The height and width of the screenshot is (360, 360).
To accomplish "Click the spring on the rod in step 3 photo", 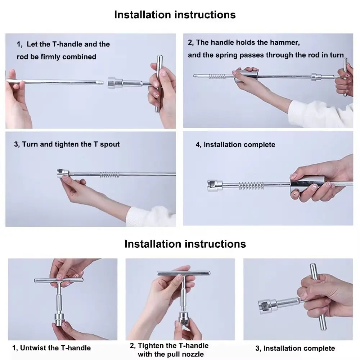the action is (109, 175).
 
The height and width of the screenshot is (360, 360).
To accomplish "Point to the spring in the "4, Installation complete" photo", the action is (251, 185).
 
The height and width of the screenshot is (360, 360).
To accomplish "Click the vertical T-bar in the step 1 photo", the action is (158, 84).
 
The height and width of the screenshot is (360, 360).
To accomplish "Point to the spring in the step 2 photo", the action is (217, 76).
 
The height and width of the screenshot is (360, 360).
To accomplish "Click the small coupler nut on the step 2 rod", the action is (316, 77).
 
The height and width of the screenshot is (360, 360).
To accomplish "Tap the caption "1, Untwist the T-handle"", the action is (51, 348).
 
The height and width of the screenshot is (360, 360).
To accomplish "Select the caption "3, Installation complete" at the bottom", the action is (295, 348).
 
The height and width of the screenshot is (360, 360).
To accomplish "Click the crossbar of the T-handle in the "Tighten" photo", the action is (184, 273).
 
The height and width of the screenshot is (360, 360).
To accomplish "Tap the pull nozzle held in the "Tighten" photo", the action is (184, 318).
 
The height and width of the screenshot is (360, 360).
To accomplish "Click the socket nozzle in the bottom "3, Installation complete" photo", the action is (267, 306).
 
